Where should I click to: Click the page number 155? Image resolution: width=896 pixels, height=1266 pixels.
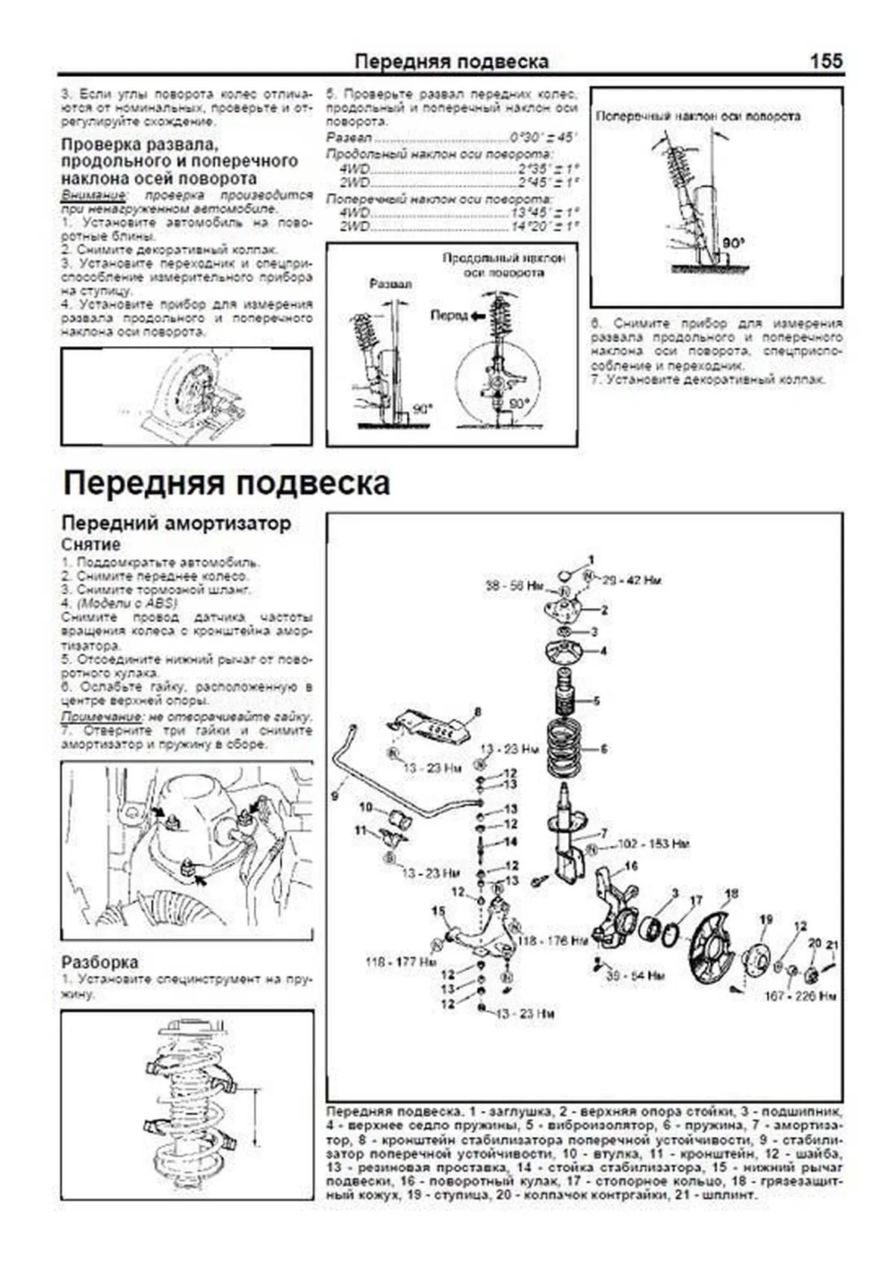click(x=826, y=60)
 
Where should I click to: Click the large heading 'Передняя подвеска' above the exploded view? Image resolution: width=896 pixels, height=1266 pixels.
click(x=226, y=483)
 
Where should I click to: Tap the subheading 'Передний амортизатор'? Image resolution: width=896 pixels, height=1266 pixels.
click(x=176, y=523)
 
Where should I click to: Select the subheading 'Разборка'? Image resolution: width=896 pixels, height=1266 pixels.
click(x=99, y=962)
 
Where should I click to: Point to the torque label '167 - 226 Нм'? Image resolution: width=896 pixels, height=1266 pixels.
click(x=800, y=996)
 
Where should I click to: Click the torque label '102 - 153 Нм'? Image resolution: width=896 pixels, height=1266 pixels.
click(x=653, y=844)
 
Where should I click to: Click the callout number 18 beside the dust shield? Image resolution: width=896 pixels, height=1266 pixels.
click(x=731, y=892)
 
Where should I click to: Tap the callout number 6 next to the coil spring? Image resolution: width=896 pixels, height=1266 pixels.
click(x=604, y=748)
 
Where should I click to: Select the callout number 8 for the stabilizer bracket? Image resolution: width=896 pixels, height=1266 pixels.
click(x=477, y=712)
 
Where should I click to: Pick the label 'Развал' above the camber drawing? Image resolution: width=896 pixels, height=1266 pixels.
click(x=391, y=284)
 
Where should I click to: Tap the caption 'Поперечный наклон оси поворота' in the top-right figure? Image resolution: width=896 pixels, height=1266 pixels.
click(x=698, y=116)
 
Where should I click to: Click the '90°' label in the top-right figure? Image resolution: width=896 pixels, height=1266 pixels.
click(x=733, y=243)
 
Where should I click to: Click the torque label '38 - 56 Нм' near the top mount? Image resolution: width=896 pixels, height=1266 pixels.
click(x=514, y=586)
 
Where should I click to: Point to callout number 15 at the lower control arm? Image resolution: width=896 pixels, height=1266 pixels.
click(x=438, y=911)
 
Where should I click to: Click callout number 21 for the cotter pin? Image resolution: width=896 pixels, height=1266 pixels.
click(x=833, y=945)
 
